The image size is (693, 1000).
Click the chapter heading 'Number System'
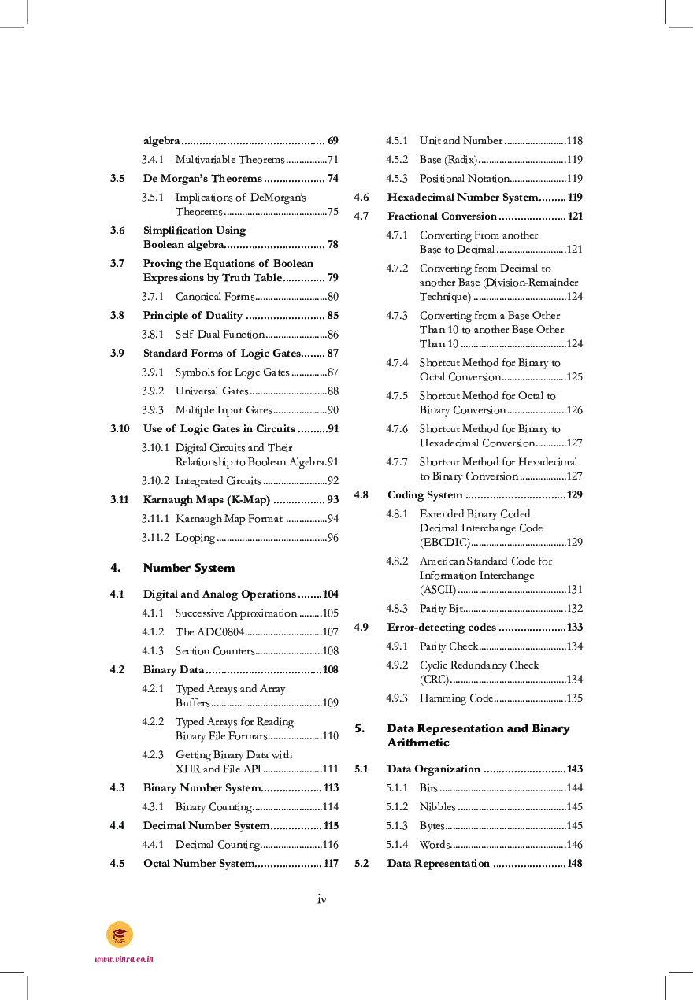pos(189,568)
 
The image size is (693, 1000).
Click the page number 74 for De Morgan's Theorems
pos(332,179)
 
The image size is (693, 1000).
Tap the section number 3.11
pos(120,500)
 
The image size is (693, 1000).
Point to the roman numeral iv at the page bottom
pos(322,899)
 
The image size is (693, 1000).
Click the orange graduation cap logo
pos(120,934)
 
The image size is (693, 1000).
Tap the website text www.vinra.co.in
pos(124,959)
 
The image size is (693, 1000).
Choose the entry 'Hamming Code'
pos(456,698)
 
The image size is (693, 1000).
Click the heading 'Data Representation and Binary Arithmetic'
pos(478,735)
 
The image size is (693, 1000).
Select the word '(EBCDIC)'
pos(444,543)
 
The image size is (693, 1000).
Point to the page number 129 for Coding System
pos(574,495)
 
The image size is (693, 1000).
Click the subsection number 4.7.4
pos(397,363)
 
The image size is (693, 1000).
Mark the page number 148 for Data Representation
pos(574,864)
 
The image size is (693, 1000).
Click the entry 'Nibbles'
pos(437,807)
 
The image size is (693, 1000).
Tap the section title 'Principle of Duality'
pos(192,316)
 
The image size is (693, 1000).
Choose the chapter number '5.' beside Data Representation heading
pos(360,728)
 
